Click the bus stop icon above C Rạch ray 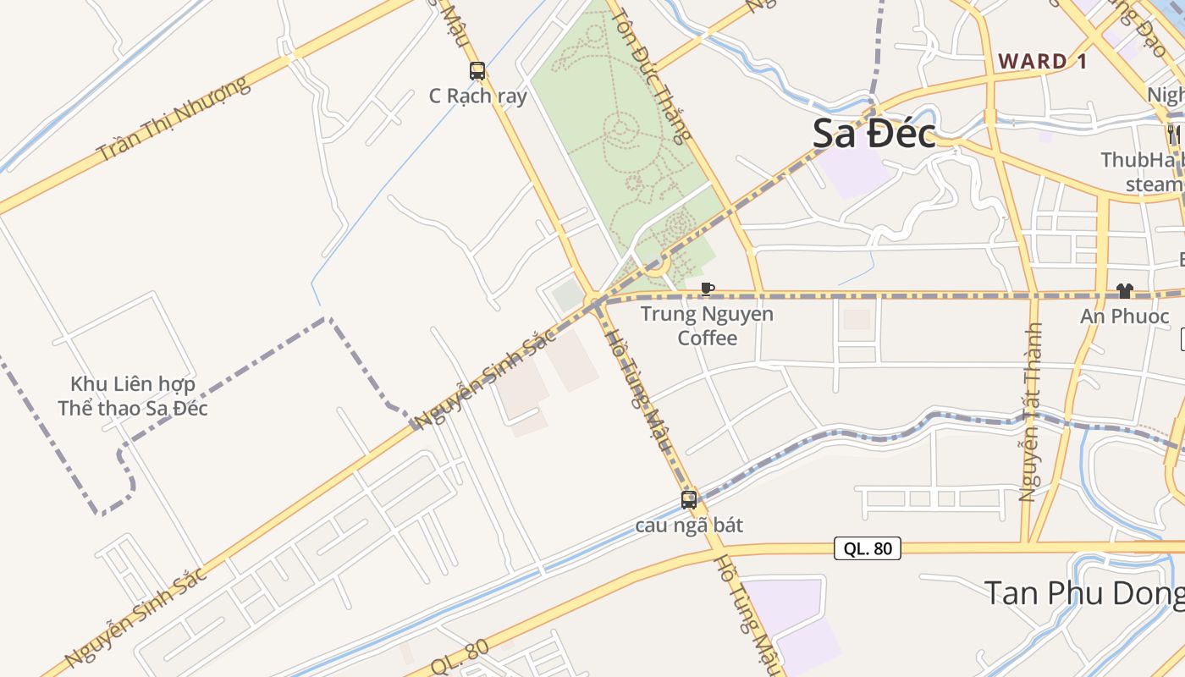pyautogui.click(x=477, y=71)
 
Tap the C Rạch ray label pyautogui.click(x=477, y=96)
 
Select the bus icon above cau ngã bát pyautogui.click(x=689, y=500)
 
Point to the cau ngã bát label pyautogui.click(x=689, y=526)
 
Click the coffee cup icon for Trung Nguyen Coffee pyautogui.click(x=708, y=289)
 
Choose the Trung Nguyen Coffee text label pyautogui.click(x=707, y=326)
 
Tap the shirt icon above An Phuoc pyautogui.click(x=1124, y=291)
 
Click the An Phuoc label pyautogui.click(x=1124, y=316)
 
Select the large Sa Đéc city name pyautogui.click(x=874, y=134)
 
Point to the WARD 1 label pyautogui.click(x=1043, y=61)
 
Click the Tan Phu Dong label pyautogui.click(x=1083, y=592)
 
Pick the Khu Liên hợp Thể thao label pyautogui.click(x=133, y=396)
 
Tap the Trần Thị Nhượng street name pyautogui.click(x=174, y=118)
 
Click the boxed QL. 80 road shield pyautogui.click(x=868, y=548)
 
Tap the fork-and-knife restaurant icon pyautogui.click(x=1174, y=133)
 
